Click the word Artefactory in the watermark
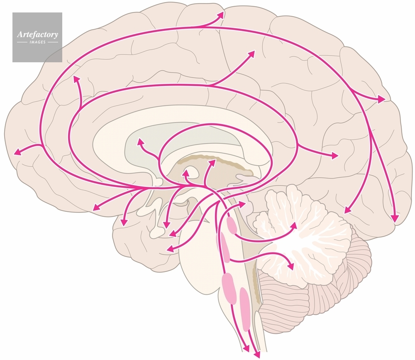[x=37, y=34]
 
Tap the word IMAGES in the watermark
[x=37, y=42]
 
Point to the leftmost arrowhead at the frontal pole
[x=17, y=153]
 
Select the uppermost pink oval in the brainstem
[x=231, y=225]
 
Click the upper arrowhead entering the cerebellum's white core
[x=294, y=226]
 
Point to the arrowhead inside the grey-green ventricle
[x=140, y=142]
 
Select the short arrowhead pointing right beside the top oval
[x=242, y=204]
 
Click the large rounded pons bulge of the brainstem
[x=199, y=257]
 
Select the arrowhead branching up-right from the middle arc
[x=252, y=54]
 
